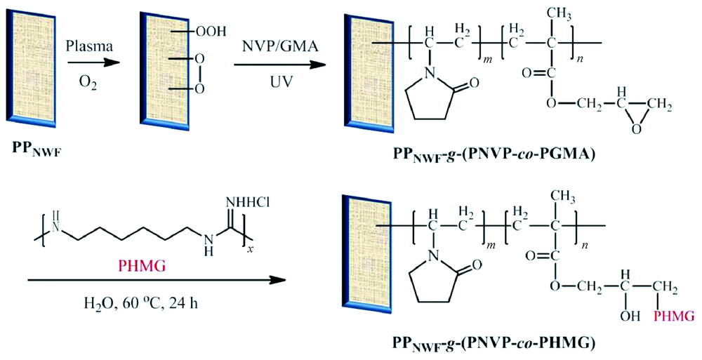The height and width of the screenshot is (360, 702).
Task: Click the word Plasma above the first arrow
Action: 88,46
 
